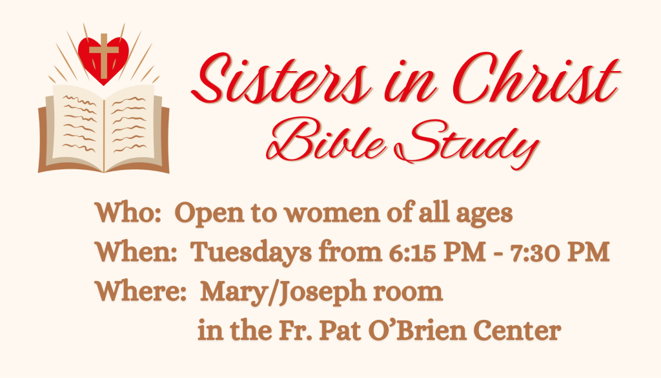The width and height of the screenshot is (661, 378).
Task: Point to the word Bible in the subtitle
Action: pyautogui.click(x=325, y=139)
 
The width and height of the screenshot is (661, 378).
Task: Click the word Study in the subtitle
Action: pyautogui.click(x=466, y=143)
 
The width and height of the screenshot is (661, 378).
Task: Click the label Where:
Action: pyautogui.click(x=140, y=290)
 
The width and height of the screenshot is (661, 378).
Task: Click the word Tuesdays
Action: pyautogui.click(x=251, y=251)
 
